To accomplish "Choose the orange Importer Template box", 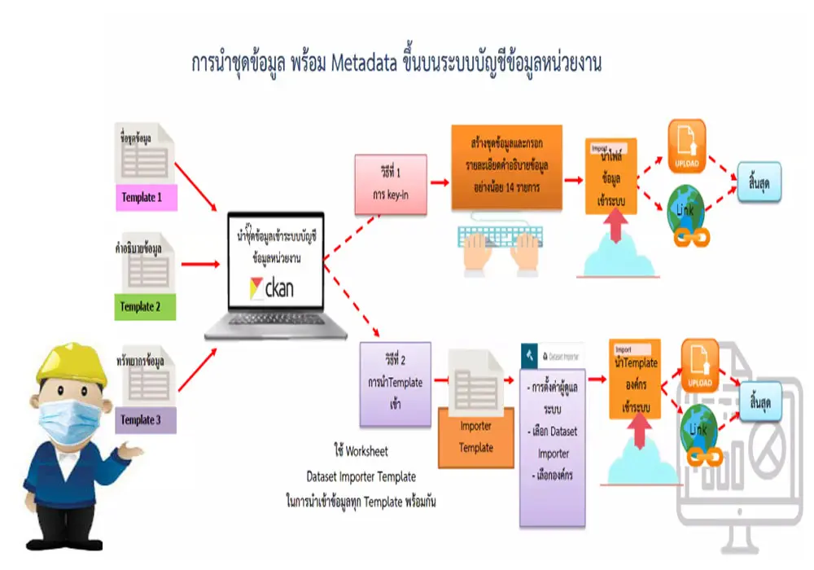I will tap(476, 436).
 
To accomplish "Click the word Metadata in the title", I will tap(361, 63).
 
